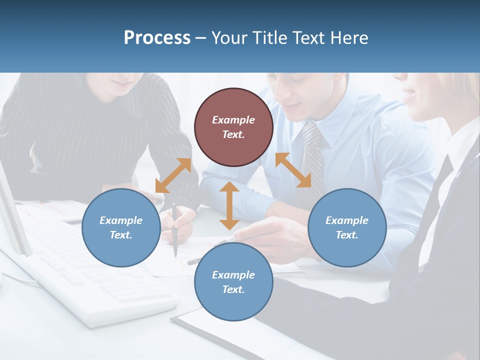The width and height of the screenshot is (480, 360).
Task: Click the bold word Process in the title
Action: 157,38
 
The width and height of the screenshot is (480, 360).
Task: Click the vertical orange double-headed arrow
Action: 229,205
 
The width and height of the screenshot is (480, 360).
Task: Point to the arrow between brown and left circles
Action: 173,175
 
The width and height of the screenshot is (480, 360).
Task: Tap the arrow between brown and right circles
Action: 293,170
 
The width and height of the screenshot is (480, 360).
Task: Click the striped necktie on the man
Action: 312,160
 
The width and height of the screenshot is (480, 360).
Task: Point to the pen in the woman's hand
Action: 174,230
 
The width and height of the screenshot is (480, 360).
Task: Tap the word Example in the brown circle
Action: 233,120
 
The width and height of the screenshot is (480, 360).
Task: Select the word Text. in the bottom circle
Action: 233,289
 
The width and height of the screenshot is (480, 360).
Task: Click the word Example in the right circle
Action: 347,220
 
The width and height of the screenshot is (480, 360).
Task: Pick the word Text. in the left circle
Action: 121,235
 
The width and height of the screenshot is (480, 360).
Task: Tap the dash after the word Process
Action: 200,38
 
